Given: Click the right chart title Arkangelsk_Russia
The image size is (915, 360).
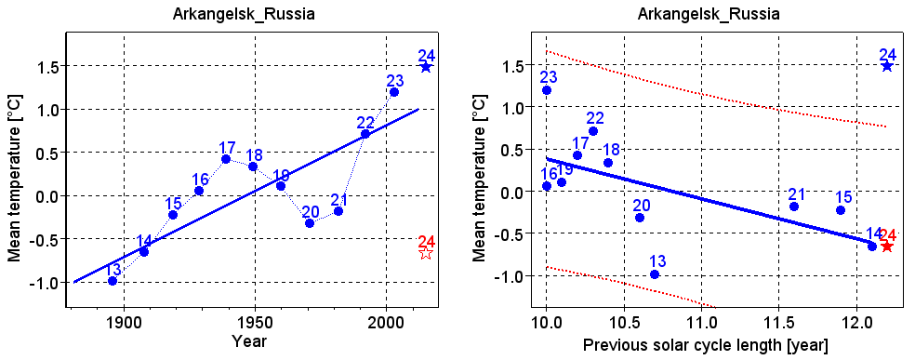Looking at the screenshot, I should [709, 15].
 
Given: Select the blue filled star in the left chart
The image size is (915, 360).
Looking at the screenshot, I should [426, 67].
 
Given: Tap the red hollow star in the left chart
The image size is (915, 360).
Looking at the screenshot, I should [426, 253].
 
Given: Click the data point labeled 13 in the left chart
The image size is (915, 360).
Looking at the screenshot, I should [113, 281].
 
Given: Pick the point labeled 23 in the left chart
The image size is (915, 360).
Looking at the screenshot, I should [394, 92].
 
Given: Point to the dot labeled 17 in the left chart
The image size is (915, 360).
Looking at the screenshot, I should [226, 159].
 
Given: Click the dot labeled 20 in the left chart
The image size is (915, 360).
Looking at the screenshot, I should [310, 223].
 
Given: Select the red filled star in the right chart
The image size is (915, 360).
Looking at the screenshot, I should [887, 247].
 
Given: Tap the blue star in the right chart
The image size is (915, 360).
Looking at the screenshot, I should [887, 66].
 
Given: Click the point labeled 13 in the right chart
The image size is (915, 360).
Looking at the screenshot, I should [655, 274].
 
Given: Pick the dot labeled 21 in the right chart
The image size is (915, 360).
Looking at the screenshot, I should [794, 207].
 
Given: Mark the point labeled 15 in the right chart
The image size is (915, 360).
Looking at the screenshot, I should [841, 210].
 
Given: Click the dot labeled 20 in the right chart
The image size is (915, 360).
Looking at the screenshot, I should [640, 218].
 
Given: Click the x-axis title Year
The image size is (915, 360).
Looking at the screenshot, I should [249, 342].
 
